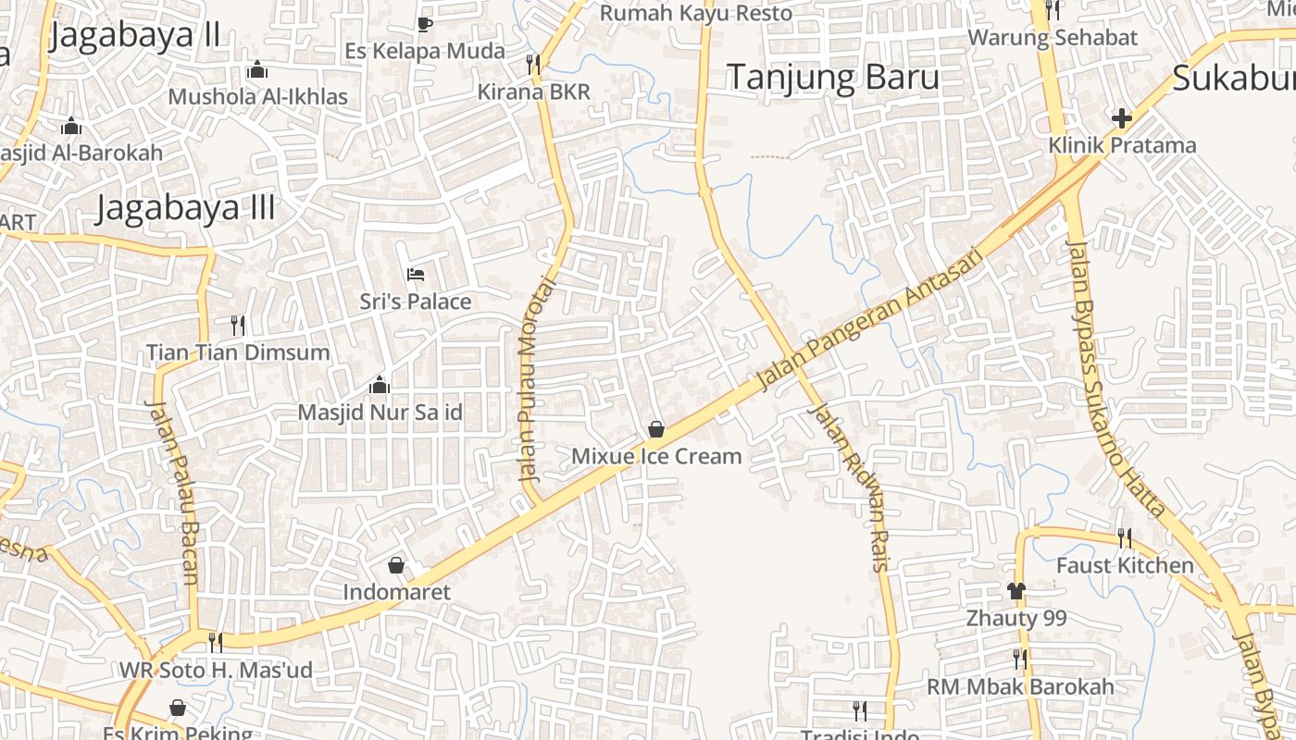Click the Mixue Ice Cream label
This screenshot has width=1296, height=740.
point(656,456)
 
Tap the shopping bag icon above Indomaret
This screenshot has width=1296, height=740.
point(396,565)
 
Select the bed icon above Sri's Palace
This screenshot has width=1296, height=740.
point(416,275)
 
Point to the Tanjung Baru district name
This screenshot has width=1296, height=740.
point(832,78)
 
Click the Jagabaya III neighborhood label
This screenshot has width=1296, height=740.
point(185,208)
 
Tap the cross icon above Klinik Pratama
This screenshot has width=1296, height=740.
point(1122,118)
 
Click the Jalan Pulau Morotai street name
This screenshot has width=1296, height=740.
point(529,379)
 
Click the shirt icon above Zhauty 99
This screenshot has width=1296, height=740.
point(1016,591)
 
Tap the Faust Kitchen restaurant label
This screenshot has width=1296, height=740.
point(1125,565)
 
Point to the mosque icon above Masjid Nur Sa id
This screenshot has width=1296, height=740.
point(379,385)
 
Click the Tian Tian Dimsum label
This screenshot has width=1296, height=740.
point(238,352)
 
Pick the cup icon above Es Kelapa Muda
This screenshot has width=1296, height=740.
point(425,24)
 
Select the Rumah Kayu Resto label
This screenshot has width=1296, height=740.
point(696,13)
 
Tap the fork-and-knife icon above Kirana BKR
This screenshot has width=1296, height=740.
point(532,64)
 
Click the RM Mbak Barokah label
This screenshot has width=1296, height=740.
point(1020,687)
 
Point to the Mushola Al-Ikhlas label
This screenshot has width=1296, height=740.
point(257,96)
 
